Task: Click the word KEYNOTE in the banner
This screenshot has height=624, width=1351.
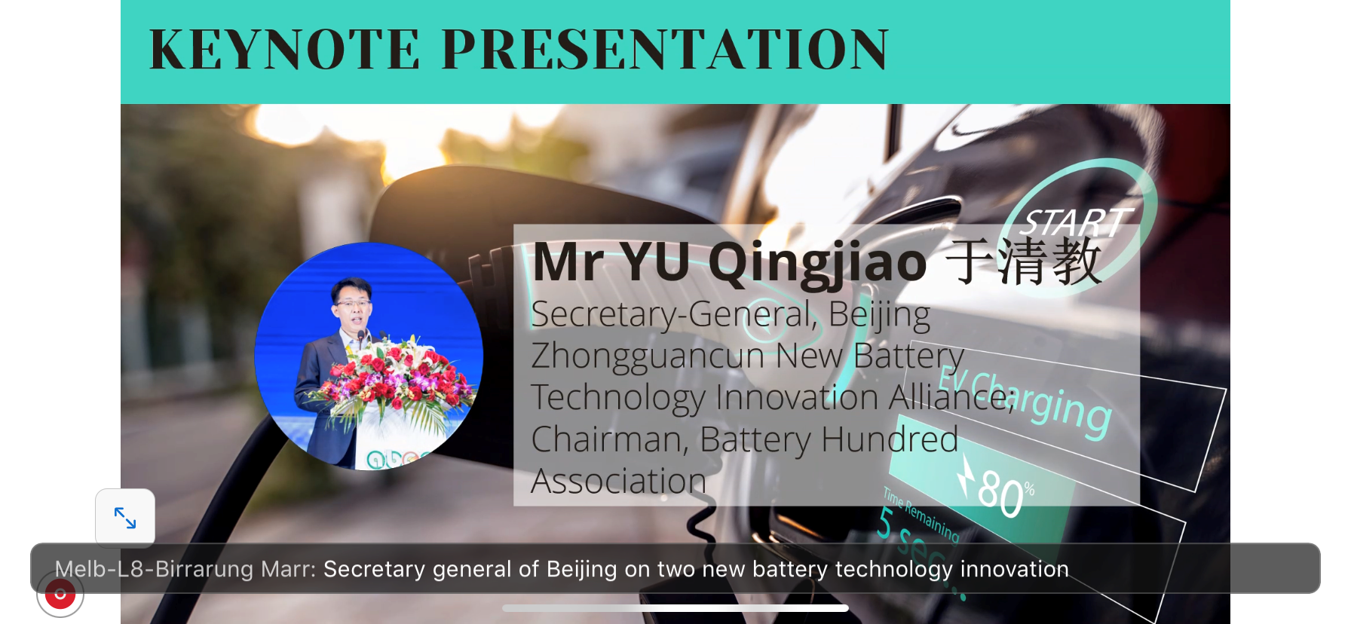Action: click(x=285, y=50)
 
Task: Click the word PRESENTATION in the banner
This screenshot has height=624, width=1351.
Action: click(x=666, y=50)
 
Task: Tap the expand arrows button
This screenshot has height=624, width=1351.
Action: click(x=125, y=518)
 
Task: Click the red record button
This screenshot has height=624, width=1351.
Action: click(x=60, y=594)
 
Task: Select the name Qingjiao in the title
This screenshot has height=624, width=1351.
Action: click(x=818, y=264)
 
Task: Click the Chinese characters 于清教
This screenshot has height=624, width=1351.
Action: click(x=1024, y=262)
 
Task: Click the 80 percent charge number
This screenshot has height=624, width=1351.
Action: click(x=1001, y=493)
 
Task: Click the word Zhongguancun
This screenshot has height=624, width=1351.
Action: click(x=648, y=356)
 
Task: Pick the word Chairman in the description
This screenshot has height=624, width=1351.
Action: click(x=610, y=439)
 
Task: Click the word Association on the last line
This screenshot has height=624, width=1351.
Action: click(x=619, y=481)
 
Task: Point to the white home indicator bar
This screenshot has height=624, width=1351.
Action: click(x=675, y=608)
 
